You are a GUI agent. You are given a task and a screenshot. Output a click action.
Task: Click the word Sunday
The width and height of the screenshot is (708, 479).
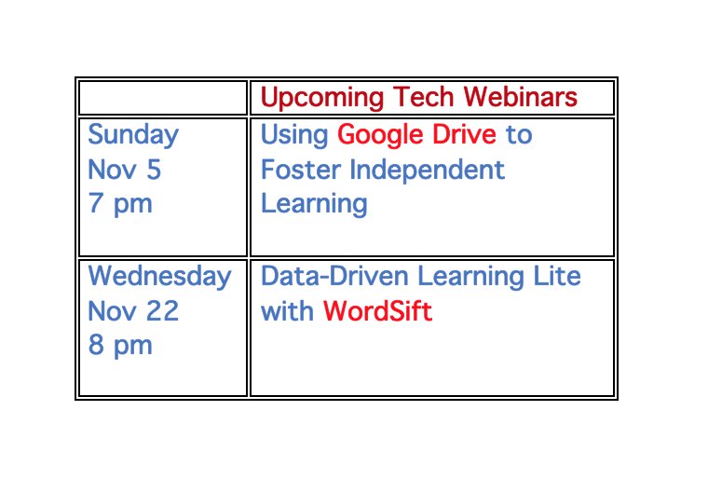pyautogui.click(x=133, y=135)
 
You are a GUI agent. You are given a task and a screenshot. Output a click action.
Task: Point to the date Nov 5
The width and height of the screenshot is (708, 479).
pyautogui.click(x=125, y=170)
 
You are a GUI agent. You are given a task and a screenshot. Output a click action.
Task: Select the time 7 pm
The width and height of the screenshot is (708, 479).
pyautogui.click(x=119, y=204)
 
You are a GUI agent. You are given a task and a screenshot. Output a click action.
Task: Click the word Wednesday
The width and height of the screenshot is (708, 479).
pyautogui.click(x=159, y=277)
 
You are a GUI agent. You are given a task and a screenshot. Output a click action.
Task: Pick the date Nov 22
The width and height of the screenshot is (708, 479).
pyautogui.click(x=133, y=311)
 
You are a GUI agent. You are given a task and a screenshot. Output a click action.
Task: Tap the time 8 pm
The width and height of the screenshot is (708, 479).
pyautogui.click(x=119, y=346)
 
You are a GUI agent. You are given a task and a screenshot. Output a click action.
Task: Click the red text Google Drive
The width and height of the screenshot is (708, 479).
pyautogui.click(x=416, y=135)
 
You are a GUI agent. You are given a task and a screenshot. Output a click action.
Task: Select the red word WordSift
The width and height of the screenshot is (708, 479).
pyautogui.click(x=377, y=311)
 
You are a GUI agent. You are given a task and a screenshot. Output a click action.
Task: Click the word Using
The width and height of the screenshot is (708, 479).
pyautogui.click(x=294, y=135)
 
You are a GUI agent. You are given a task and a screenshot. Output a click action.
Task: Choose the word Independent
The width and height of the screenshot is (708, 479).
pyautogui.click(x=428, y=170)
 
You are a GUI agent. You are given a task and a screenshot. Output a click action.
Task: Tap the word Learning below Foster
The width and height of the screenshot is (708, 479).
pyautogui.click(x=314, y=204)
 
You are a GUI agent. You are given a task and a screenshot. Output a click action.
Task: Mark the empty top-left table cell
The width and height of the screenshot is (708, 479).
pyautogui.click(x=162, y=98)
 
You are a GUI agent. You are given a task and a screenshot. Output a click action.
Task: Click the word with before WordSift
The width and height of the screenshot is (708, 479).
pyautogui.click(x=288, y=311)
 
